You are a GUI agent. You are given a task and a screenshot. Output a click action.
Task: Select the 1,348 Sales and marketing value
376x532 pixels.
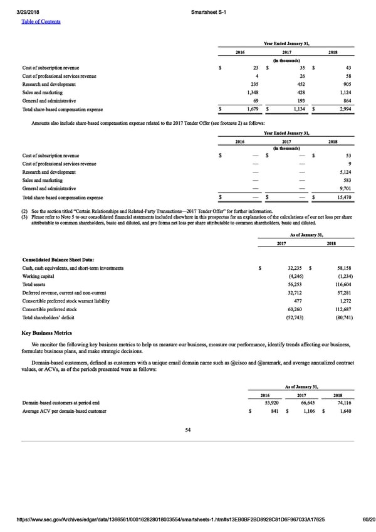251,92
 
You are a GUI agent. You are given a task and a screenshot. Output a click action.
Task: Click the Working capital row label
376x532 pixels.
39,276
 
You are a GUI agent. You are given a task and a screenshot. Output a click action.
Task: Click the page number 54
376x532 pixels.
187,429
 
